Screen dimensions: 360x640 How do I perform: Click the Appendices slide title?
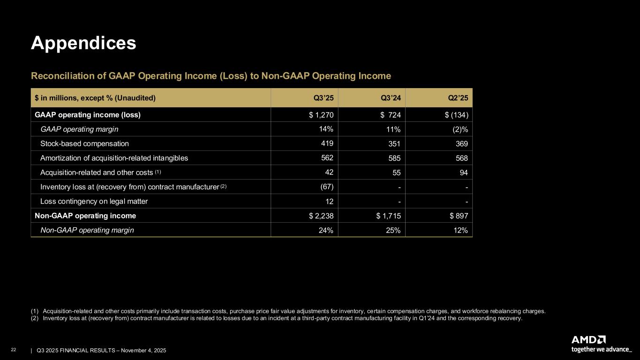tap(83, 43)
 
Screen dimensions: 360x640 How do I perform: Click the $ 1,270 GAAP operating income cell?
tap(321, 114)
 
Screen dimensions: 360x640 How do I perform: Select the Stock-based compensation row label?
tap(84, 143)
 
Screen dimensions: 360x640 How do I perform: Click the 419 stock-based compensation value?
tap(327, 143)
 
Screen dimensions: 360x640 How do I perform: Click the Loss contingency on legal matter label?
tap(94, 202)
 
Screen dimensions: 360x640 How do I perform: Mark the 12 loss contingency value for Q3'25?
tap(329, 201)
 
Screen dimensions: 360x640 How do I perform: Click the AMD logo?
tap(588, 339)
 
